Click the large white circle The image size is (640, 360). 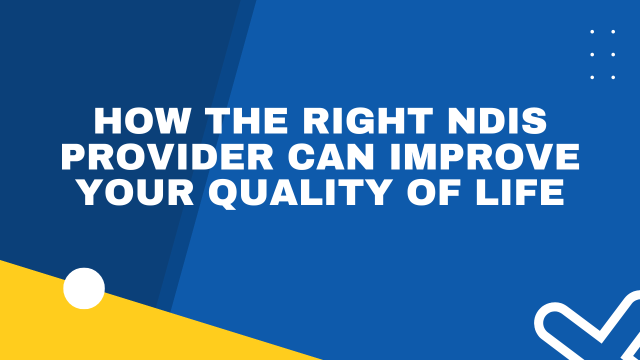84,288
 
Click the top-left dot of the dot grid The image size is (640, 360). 592,31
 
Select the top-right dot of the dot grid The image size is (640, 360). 613,31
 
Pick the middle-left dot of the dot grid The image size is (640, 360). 592,54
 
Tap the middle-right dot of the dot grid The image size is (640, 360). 613,54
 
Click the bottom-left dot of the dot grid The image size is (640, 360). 592,77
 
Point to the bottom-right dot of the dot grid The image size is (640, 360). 613,77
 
